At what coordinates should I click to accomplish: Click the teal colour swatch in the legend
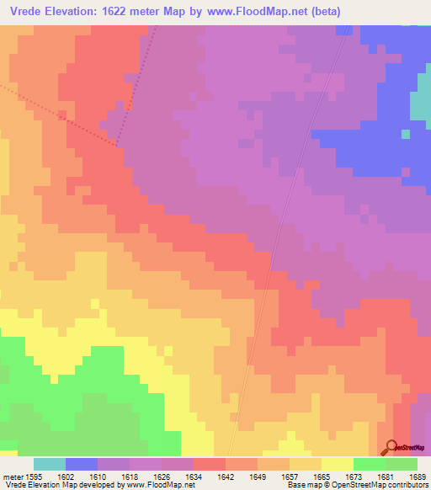click(49, 464)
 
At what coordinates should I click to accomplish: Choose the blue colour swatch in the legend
click(82, 464)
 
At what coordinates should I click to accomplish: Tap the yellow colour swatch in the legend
click(338, 464)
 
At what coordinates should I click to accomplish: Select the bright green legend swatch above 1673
click(370, 464)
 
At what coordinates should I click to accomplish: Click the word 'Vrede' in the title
click(26, 11)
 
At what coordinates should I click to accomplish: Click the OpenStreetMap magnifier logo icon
click(390, 446)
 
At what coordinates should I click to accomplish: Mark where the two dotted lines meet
click(118, 146)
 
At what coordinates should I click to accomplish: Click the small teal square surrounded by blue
click(405, 133)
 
